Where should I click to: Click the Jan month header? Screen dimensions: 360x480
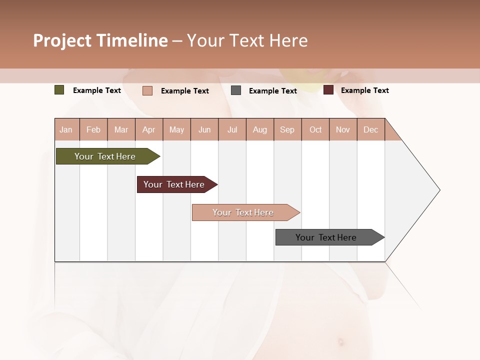pos(66,130)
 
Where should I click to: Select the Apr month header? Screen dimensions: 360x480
pos(149,130)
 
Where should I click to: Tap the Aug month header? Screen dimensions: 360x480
pos(260,130)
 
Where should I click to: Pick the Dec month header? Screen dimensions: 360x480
pos(370,130)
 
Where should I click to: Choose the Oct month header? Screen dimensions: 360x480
pos(315,130)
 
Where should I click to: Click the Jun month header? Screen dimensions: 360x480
pos(204,130)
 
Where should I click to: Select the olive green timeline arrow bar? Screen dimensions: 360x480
pos(105,156)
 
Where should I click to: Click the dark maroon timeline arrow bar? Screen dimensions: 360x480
pos(174,184)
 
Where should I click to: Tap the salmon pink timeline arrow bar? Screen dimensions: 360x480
pos(243,212)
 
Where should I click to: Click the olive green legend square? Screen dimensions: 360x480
pos(59,90)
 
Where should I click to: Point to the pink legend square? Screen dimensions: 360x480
pos(147,90)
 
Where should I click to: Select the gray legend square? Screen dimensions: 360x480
pos(236,90)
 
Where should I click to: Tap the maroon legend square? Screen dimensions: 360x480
pos(328,90)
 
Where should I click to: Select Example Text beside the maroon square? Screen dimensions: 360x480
pos(364,90)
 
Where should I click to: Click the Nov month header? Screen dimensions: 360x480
pos(343,130)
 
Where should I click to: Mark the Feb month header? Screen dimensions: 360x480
pos(93,130)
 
